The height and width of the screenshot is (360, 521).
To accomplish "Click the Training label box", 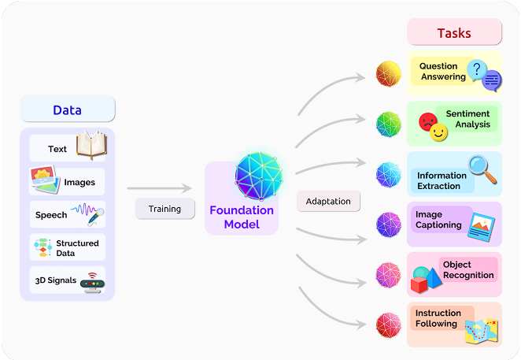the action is point(164,209).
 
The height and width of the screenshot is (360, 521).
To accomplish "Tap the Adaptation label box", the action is point(328,201).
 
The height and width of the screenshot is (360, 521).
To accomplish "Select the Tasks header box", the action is point(454,32).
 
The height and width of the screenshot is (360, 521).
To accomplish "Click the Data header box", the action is point(68,109).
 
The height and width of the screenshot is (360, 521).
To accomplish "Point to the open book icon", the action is point(91,145).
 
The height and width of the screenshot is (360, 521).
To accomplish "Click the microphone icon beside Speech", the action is point(96,217).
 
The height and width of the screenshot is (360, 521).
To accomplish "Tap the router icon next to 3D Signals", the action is point(92,283).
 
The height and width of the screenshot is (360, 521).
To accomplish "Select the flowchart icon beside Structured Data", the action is point(42,247).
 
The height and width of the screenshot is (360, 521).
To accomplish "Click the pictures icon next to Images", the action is point(45,180).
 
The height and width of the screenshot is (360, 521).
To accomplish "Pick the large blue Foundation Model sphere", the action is point(259,176).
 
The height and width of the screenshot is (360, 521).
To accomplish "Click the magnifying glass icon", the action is point(482,169).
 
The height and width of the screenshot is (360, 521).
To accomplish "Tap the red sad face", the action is point(427,122).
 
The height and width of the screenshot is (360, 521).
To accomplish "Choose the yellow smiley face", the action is point(438,132).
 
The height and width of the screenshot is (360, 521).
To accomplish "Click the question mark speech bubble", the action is point(476,70).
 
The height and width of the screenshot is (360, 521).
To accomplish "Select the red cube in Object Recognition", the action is point(419,285).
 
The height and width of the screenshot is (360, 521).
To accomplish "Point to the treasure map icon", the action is point(481,332).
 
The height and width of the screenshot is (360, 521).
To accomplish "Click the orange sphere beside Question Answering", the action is point(389,73).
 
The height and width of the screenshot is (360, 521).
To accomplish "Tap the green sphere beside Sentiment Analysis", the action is point(389,124).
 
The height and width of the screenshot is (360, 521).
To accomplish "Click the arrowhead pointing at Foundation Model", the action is point(187,188).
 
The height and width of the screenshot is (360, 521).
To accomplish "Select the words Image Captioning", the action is point(438,220).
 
